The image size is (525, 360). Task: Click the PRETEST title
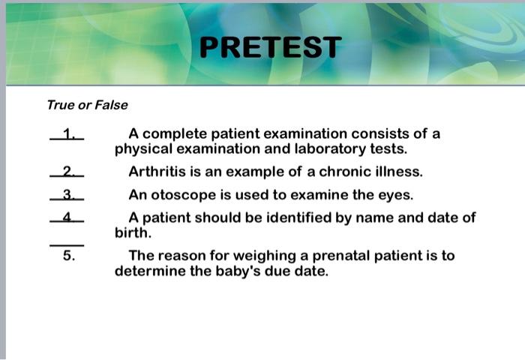(x=271, y=47)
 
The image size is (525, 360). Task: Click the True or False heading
(x=87, y=105)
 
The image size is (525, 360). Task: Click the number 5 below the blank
(x=68, y=256)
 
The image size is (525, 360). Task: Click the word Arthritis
(x=156, y=172)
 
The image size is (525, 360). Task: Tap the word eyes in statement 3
(x=397, y=195)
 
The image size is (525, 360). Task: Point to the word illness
(x=398, y=172)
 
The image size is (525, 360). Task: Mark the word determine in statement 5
(x=147, y=271)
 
